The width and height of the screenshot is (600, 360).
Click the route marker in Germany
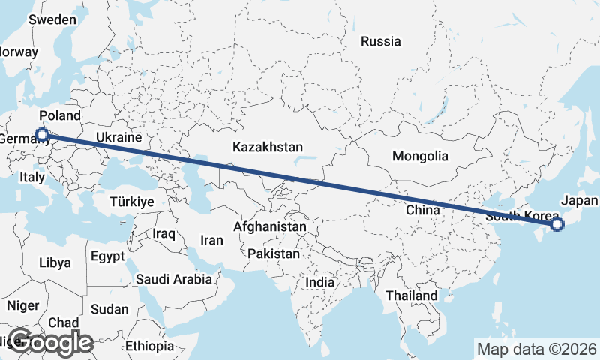point(42,135)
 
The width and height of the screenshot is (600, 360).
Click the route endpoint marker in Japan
point(556,223)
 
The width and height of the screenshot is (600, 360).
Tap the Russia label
point(380,41)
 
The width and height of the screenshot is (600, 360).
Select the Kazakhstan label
point(267,146)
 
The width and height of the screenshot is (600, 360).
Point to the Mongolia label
point(420,157)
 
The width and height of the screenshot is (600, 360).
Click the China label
point(423,211)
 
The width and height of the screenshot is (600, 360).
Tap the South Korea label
point(522,216)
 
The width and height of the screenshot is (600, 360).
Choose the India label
point(320,282)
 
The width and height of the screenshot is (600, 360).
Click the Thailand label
point(412,295)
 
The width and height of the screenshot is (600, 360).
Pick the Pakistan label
point(274,253)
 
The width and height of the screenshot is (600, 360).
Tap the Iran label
point(211,240)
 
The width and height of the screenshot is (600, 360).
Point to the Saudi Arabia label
point(174,279)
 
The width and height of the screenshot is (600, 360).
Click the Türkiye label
point(131,202)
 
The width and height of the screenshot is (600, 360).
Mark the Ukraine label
point(118,138)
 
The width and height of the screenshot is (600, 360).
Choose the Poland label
point(59,115)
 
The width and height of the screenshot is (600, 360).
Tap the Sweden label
point(48,19)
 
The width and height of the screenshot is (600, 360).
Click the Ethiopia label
point(149,346)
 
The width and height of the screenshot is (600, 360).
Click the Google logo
point(50,342)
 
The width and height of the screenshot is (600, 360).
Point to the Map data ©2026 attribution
point(536,349)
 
